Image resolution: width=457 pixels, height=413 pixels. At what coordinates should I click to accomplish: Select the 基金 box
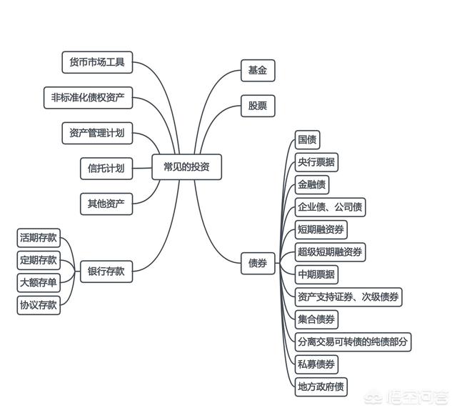point(258,71)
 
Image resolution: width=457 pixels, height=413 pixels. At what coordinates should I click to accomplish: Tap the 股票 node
point(258,106)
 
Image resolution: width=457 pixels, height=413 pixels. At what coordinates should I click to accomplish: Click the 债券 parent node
point(258,264)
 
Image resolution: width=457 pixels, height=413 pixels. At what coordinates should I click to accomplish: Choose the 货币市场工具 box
point(97,62)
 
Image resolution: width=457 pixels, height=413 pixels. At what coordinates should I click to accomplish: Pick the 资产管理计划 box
point(97,133)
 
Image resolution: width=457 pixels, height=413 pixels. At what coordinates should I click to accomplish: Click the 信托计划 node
point(106,169)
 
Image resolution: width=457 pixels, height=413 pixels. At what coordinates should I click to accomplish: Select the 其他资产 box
point(106,204)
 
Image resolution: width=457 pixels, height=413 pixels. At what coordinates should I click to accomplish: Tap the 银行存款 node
point(106,272)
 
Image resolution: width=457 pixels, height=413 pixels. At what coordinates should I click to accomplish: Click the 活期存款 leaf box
point(39,238)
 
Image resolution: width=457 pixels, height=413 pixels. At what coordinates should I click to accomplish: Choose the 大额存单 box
point(39,282)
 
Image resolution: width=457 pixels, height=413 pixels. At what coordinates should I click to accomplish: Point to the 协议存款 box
point(39,305)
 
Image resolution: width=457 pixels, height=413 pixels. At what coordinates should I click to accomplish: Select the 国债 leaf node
point(308,140)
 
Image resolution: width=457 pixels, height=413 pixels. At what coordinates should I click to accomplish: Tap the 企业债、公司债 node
point(330,207)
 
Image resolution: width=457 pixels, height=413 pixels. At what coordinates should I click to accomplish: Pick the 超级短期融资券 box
point(330,252)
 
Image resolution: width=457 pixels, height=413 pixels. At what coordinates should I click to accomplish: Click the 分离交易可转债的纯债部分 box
point(353,342)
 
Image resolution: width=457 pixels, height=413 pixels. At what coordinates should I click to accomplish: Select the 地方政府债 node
point(321,387)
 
